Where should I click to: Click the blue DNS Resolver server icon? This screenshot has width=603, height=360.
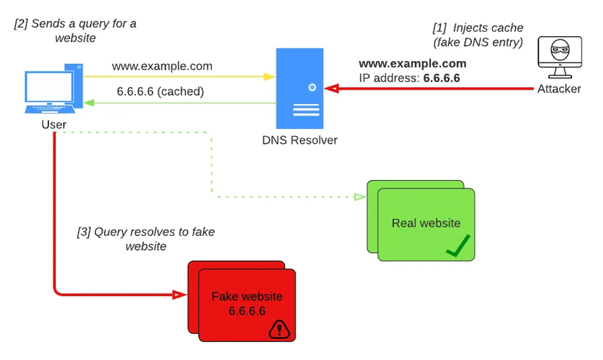(x=300, y=87)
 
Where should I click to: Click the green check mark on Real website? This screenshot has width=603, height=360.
(x=458, y=245)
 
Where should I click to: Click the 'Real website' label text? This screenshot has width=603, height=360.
(x=426, y=223)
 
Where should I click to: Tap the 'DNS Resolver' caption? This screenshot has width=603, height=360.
(x=300, y=140)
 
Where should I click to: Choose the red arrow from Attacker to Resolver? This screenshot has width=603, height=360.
(x=430, y=89)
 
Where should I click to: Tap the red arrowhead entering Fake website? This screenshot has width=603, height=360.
(x=181, y=294)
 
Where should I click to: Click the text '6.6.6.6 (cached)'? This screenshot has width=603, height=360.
(x=160, y=92)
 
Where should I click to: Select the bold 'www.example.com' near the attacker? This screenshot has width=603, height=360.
(x=412, y=63)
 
